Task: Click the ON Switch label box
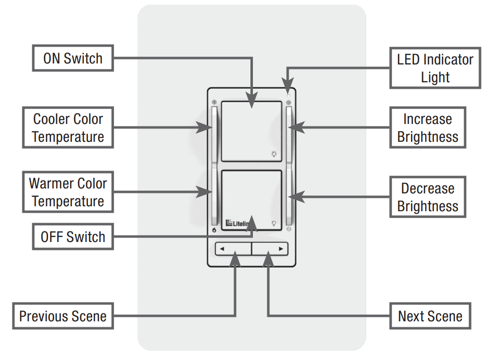tap(72, 59)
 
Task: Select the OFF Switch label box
tap(72, 237)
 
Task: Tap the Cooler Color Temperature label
tap(68, 127)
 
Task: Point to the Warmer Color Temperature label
tap(68, 192)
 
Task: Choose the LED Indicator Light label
tap(435, 68)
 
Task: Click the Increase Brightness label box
tap(427, 127)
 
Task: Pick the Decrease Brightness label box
tap(427, 197)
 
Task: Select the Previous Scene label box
tap(63, 316)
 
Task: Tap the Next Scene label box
tap(429, 316)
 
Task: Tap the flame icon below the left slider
tap(214, 230)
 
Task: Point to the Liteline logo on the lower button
tap(237, 223)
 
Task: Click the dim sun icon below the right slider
tap(289, 229)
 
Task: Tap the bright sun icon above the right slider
tap(289, 103)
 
